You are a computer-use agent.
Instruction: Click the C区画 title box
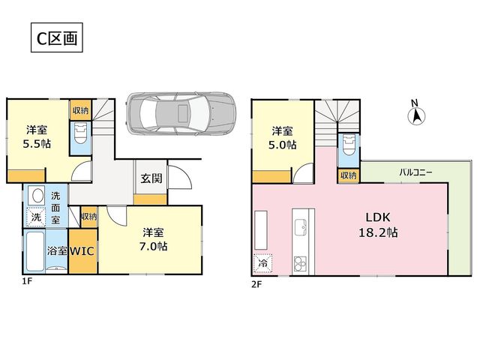point(57,37)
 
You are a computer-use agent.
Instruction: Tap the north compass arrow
point(417,116)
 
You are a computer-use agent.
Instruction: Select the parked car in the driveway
point(181,113)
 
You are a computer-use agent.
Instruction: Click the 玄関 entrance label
point(151,178)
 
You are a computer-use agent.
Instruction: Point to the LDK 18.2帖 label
point(378,225)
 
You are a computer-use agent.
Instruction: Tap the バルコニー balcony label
point(415,172)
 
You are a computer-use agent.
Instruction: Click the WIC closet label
point(82,251)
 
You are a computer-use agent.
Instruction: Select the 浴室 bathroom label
point(57,251)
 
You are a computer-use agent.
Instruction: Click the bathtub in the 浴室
point(35,251)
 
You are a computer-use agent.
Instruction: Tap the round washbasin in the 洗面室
point(37,196)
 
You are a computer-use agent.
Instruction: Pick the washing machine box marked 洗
point(36,217)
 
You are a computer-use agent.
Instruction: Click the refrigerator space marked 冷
point(263,263)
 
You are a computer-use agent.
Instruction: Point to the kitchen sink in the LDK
point(301,227)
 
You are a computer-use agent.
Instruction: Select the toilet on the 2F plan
point(349,145)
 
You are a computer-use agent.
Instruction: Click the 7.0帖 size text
point(153,246)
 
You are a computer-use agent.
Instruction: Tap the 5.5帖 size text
point(37,143)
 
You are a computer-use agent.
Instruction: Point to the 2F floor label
point(256,285)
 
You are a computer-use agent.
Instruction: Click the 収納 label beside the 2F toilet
point(348,175)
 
